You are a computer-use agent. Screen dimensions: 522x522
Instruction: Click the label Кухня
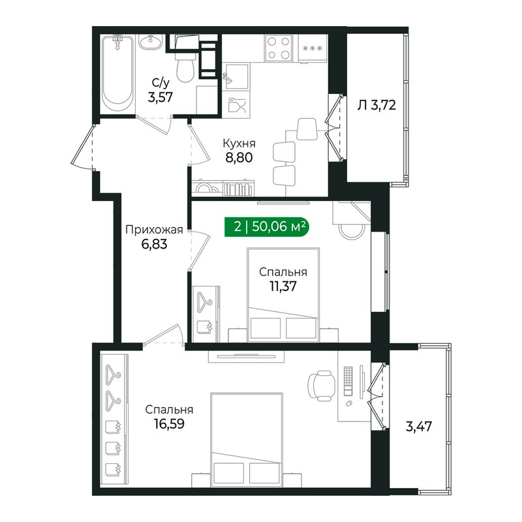pos(238,144)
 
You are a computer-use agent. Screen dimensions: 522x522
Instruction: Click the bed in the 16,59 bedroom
pos(246,437)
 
